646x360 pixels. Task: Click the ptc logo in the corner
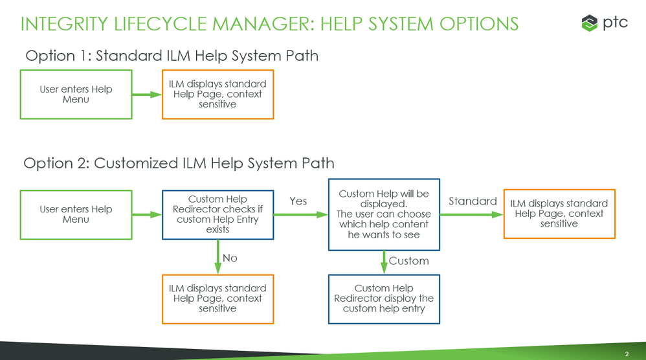coord(604,23)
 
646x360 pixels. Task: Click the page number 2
coord(627,354)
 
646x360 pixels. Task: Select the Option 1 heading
coord(172,56)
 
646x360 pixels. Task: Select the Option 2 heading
coord(179,163)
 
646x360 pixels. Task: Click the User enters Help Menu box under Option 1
coord(76,95)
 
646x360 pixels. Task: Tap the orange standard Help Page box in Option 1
coord(217,95)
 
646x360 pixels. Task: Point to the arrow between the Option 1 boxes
coord(147,95)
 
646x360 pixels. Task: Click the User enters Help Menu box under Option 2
coord(76,214)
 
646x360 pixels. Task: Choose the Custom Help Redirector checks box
coord(217,214)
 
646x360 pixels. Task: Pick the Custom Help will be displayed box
coord(384,214)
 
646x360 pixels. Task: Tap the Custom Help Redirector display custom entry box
coord(384,298)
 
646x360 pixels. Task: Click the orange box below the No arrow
coord(217,298)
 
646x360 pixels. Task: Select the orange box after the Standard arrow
coord(559,214)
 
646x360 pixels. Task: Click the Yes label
coord(298,201)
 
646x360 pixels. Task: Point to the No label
coord(230,258)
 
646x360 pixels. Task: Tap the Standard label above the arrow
coord(473,201)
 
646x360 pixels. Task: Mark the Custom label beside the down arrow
coord(408,261)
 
